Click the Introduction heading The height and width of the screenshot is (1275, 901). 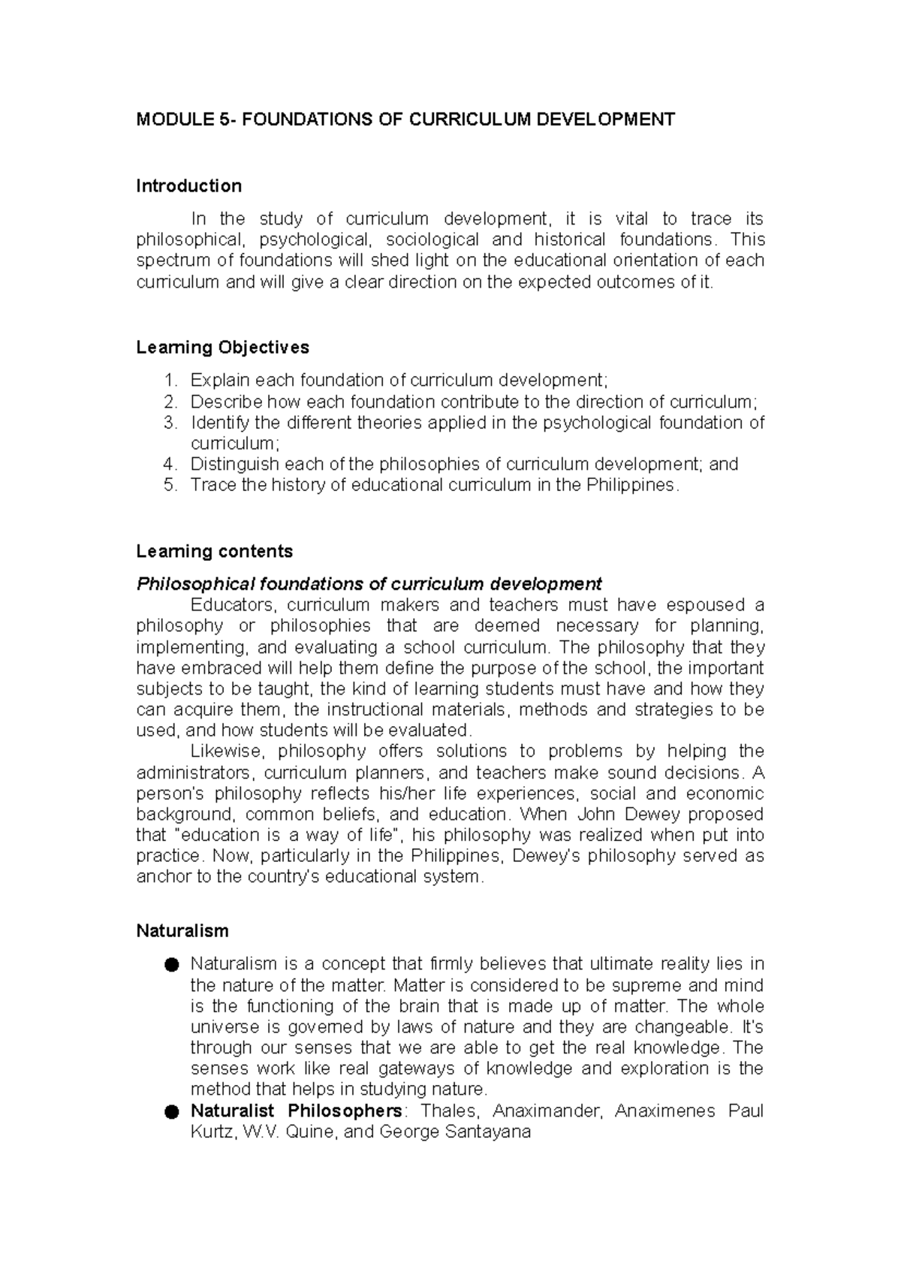188,185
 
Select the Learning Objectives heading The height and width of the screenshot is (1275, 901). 222,347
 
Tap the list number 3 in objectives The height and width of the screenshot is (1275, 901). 170,423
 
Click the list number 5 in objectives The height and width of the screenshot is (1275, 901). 170,485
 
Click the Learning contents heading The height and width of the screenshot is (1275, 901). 214,551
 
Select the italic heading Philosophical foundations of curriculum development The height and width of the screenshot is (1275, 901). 369,584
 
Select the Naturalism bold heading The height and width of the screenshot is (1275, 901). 182,931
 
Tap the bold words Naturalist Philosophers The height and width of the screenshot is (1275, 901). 296,1111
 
